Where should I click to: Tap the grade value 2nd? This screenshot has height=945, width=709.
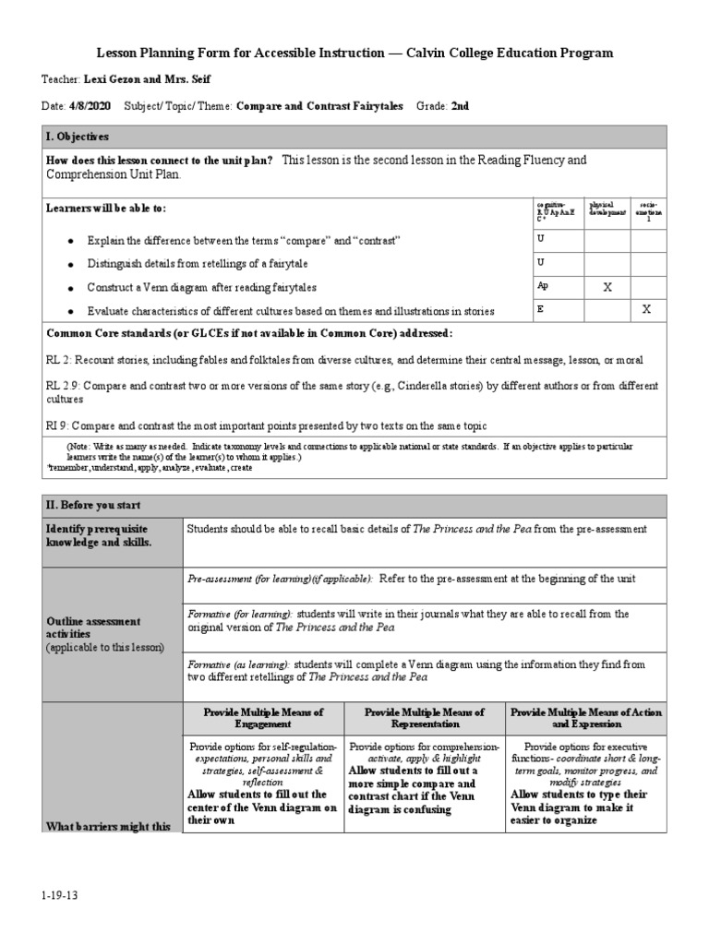460,106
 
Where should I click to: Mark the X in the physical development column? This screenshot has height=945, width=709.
607,287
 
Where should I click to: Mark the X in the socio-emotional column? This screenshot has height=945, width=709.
646,310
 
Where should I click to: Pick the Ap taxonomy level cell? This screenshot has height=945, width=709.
542,286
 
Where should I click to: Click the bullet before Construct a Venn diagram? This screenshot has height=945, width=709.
71,288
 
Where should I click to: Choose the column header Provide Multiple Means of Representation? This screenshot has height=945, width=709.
424,719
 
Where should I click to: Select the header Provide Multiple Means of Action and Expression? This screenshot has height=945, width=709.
585,719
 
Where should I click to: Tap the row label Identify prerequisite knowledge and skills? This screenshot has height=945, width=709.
98,535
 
